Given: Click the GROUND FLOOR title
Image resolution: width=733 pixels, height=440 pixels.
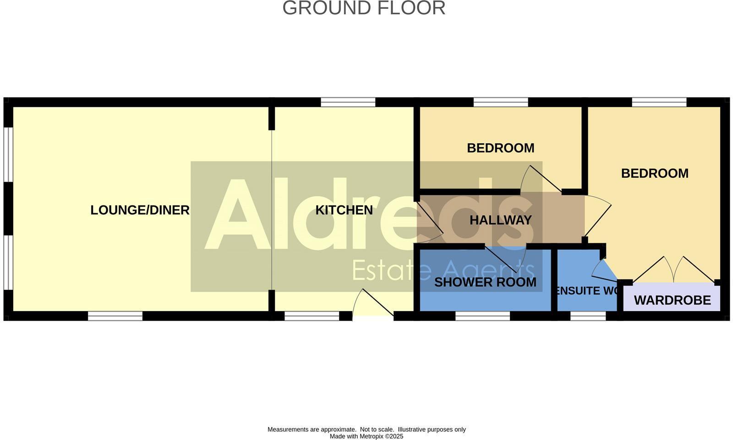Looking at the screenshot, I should coord(364,8).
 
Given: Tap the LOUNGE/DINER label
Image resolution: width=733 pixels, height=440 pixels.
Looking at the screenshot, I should coord(140,210).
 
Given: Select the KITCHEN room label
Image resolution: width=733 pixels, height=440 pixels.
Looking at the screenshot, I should coord(344,210).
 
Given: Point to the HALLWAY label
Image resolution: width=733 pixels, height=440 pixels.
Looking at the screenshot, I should coord(501,220).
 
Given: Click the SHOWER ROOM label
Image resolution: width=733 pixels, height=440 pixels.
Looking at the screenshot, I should coord(485,282).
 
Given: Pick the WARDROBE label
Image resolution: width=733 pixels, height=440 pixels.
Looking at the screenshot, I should coord(672,300).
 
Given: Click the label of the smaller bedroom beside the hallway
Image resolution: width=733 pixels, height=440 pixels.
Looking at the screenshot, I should coord(500,148).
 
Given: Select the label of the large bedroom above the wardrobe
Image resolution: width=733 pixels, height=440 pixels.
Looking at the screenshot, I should coord(655,173).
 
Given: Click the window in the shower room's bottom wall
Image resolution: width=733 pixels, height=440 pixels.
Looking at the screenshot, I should coord(482,316).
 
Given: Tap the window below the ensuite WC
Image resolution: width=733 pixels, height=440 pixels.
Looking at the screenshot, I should coord(588,316).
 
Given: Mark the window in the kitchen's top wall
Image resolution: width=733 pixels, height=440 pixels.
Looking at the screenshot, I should coord(348,102).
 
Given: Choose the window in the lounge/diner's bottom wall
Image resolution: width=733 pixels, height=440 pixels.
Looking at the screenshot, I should coord(115,316).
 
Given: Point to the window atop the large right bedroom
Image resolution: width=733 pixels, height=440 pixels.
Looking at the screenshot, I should coord(659,102).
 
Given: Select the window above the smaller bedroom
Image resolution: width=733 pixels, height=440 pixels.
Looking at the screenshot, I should coord(500,102).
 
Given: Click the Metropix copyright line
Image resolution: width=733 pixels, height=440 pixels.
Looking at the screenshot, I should coord(366,436).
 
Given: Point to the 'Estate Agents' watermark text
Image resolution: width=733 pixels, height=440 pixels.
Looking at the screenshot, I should coord(443,270).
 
